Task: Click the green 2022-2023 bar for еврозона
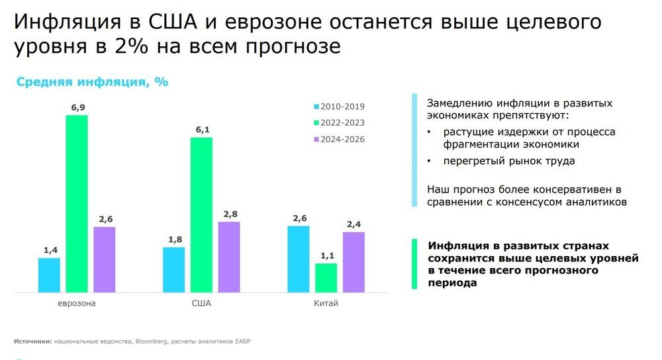[x=77, y=203]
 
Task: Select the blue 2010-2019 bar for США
[x=173, y=269]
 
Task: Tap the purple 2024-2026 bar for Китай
[x=354, y=262]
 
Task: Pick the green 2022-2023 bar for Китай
[x=326, y=278]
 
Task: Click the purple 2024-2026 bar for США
[x=229, y=257]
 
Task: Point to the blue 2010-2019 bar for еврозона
[x=49, y=275]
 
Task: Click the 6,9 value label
[x=77, y=107]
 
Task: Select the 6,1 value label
[x=201, y=130]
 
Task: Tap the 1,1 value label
[x=326, y=255]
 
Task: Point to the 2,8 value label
[x=229, y=214]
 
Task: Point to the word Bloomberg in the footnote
[x=152, y=341]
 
